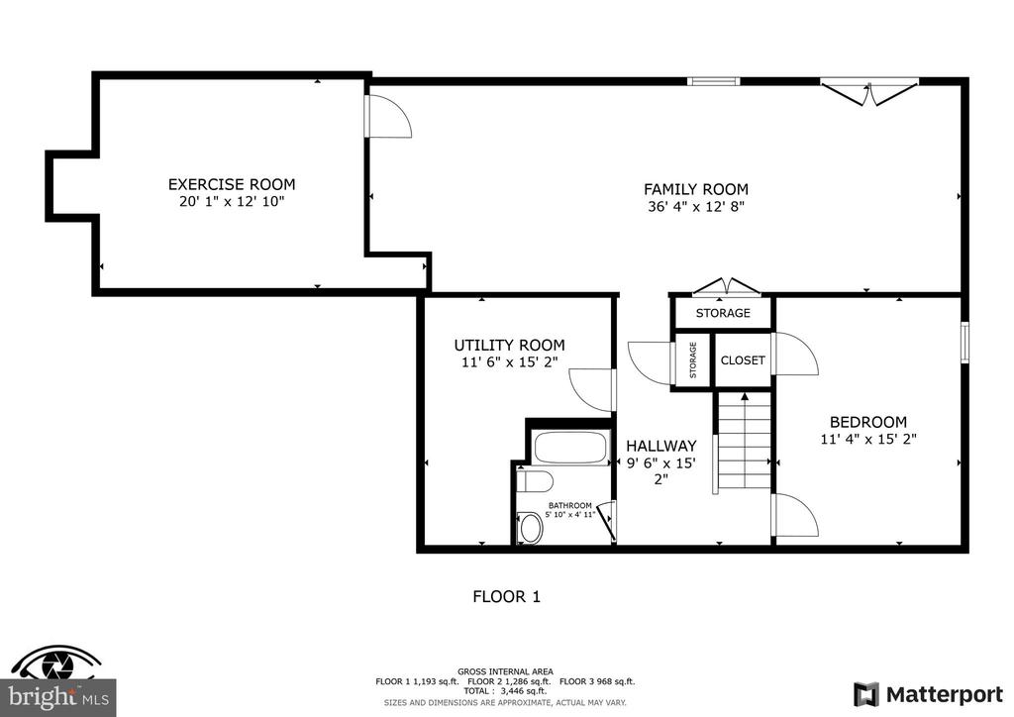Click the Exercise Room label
[232, 184]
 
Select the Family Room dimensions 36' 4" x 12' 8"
[696, 207]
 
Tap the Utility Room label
[510, 346]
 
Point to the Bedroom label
[867, 422]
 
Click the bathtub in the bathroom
[571, 448]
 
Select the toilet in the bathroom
[536, 481]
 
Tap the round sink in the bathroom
[532, 528]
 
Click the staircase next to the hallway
[745, 442]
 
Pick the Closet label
[743, 360]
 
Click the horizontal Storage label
[723, 313]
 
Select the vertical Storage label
[693, 360]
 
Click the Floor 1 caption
[506, 597]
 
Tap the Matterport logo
[928, 695]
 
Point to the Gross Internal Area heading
[505, 671]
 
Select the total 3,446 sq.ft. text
[505, 691]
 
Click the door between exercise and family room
[387, 117]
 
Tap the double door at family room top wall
[869, 91]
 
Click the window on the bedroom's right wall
[964, 342]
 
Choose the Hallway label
[660, 446]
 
